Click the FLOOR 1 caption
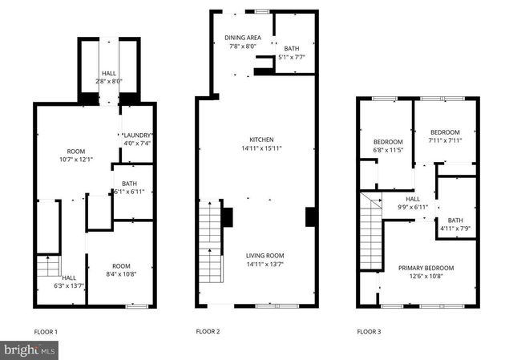tap(46, 331)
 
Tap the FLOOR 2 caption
tap(208, 331)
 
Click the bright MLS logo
tap(30, 350)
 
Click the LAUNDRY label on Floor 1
tap(136, 135)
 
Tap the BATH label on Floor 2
tap(290, 48)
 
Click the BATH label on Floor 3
tap(455, 220)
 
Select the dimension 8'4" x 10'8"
tap(121, 275)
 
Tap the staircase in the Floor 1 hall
tap(47, 266)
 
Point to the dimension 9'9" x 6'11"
tap(413, 208)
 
